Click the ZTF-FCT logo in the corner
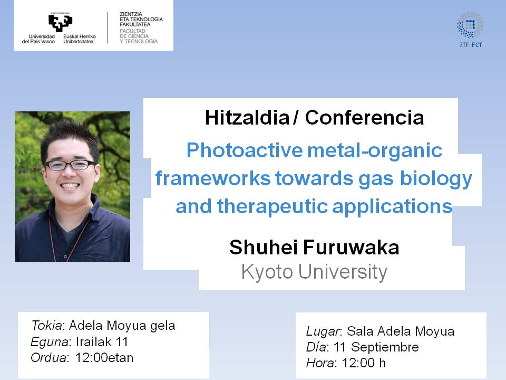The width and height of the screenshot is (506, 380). pos(471,30)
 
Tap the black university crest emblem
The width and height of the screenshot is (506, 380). pos(60,23)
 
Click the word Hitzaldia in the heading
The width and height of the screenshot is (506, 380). pos(247,117)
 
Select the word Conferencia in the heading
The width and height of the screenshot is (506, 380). pos(364,117)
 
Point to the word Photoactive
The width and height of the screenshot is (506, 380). pos(245,150)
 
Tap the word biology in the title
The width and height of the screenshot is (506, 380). pos(436,179)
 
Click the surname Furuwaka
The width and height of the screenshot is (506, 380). pos(351,248)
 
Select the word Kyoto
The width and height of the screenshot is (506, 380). pos(267,272)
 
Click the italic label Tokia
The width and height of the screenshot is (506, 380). pos(46,326)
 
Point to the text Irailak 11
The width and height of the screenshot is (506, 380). pos(102,341)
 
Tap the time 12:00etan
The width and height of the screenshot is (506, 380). pos(104,358)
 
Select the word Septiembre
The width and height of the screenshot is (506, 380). pos(385,347)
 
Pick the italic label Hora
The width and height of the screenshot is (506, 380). pos(320,363)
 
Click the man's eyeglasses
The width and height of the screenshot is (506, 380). pos(71,165)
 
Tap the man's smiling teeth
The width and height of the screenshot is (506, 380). pos(70,186)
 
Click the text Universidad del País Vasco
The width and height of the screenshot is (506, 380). pos(38,39)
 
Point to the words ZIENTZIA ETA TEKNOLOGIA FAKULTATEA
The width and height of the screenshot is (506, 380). pos(141,19)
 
